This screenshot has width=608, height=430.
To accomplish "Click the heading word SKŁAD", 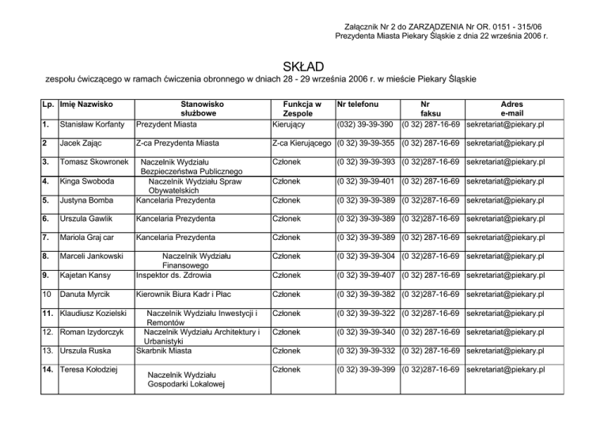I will pos(303,63).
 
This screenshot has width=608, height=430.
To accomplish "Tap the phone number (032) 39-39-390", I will pos(365,125).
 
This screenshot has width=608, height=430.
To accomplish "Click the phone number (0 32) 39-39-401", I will pos(366,181).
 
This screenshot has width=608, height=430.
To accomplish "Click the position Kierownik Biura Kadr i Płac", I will pos(191,295).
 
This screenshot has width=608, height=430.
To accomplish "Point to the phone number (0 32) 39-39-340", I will pos(366,332).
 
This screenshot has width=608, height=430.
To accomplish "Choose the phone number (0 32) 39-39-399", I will pos(366,370).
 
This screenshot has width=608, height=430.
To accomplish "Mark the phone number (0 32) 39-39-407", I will pos(366,276).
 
